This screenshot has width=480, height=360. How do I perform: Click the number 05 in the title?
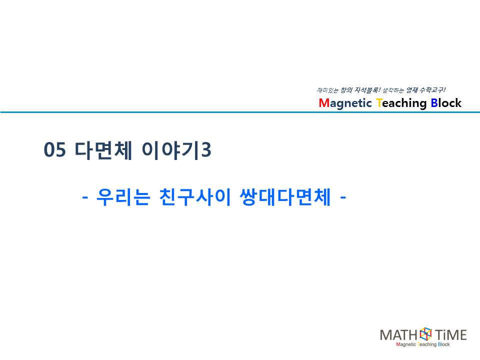tap(55, 149)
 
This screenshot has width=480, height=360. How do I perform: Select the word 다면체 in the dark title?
tap(103, 150)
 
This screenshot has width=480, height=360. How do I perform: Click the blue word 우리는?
tap(123, 197)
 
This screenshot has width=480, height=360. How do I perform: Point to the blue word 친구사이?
tap(194, 197)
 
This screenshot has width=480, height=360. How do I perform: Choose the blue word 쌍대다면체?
tap(285, 197)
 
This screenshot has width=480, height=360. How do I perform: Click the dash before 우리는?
tap(85, 197)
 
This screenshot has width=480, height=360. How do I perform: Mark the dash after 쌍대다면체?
tap(343, 197)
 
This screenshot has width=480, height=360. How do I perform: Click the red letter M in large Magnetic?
tap(323, 103)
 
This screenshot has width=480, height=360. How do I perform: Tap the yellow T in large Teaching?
tap(379, 103)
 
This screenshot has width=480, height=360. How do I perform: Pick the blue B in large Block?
tap(434, 103)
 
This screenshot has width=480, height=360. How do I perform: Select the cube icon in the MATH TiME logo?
tap(425, 334)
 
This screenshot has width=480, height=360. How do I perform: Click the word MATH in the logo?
tap(398, 335)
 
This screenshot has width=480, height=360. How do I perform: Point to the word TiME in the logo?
tap(450, 335)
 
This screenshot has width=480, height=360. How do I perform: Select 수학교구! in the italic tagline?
tap(432, 90)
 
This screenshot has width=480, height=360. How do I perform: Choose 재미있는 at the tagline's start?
tap(327, 90)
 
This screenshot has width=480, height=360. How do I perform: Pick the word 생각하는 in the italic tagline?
tap(393, 90)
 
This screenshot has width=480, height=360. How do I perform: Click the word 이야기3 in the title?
tap(176, 150)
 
